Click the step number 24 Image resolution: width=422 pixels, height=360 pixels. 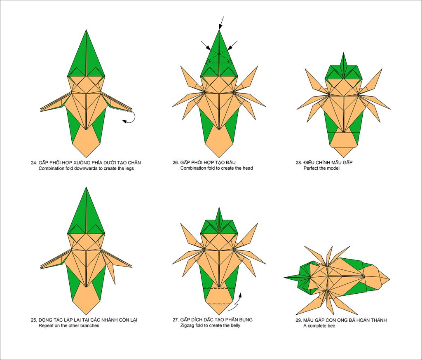tap(33, 163)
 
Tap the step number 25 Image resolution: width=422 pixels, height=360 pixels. tap(33, 320)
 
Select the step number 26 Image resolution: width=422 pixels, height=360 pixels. tap(175, 163)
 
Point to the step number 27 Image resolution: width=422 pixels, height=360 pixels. tap(175, 320)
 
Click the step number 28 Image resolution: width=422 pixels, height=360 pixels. tap(298, 163)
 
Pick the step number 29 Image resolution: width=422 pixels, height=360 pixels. tap(298, 320)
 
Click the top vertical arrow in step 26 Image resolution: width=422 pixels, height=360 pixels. tap(221, 23)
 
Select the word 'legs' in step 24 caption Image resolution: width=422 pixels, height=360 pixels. tap(129, 169)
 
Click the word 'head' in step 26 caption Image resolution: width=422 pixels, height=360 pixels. tap(248, 168)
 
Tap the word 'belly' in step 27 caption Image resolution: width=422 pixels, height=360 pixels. tap(234, 325)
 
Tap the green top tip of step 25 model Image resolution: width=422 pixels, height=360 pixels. tap(86, 187)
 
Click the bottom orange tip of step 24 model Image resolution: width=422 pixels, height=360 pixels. tap(86, 157)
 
